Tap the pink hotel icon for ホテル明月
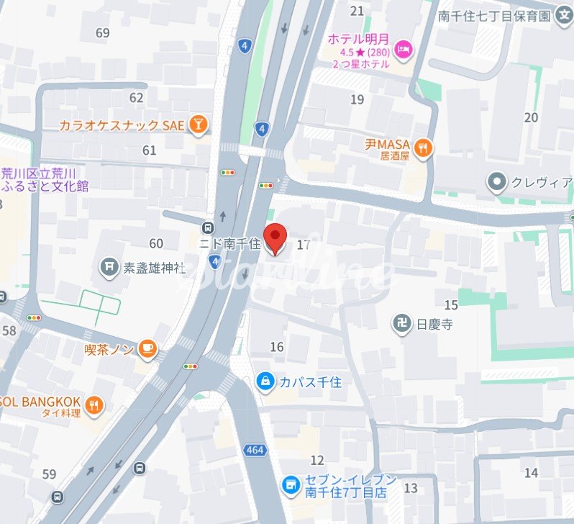404,49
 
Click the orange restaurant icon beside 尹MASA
424,149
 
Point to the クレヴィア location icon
496,182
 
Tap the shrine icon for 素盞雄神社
109,268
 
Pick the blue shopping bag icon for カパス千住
265,381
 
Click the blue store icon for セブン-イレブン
291,486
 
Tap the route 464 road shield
255,450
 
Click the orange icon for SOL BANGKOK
94,406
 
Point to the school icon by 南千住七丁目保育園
565,14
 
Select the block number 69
102,33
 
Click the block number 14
531,473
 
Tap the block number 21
357,11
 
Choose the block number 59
49,474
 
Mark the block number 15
451,305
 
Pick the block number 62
137,98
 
